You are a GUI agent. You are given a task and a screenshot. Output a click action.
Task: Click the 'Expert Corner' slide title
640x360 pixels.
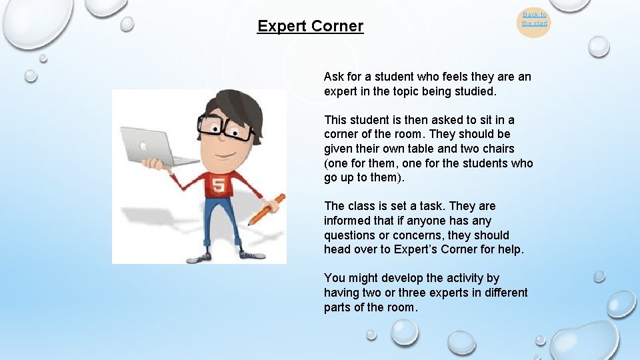[x=310, y=26]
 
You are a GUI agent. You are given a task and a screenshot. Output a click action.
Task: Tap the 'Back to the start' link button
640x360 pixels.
[x=534, y=19]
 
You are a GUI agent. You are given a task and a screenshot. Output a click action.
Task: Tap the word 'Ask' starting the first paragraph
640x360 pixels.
[x=335, y=77]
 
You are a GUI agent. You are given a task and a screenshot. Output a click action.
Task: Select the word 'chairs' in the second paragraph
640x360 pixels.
[x=497, y=149]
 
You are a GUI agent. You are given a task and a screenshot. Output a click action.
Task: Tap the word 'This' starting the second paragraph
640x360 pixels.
[x=337, y=120]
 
